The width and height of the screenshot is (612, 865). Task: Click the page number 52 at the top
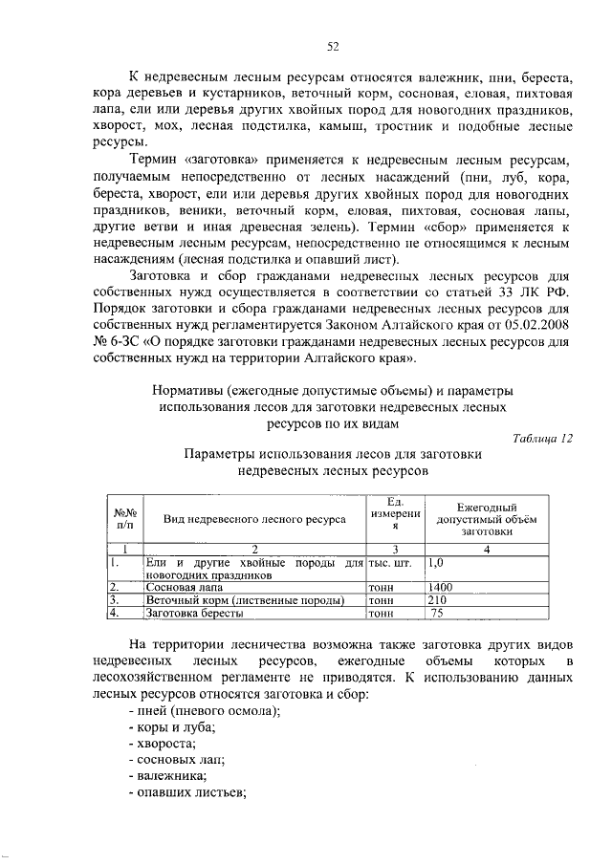334,45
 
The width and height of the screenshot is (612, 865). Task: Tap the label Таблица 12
541,437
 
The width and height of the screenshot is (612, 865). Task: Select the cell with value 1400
441,586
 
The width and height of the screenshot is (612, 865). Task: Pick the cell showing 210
438,599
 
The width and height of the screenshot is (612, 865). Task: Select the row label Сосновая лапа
180,586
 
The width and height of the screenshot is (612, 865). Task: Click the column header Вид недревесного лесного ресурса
254,518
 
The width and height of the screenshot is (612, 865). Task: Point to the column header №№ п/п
125,518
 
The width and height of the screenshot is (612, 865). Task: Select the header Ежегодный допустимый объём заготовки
488,518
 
